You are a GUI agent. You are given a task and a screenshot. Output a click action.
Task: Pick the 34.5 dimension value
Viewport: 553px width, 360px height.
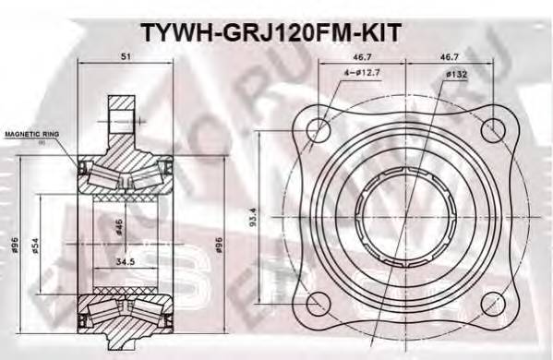(126, 262)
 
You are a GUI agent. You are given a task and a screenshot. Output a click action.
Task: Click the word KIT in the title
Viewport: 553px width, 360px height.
(379, 30)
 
